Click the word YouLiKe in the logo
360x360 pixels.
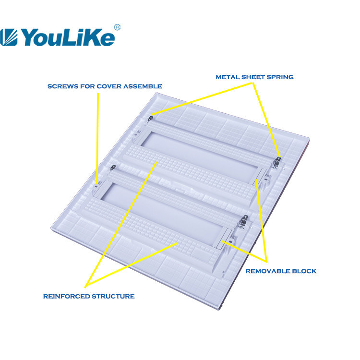[68, 37]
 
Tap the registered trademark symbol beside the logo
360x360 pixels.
[117, 27]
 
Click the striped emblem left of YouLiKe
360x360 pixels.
[8, 37]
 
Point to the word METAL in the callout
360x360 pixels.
[228, 77]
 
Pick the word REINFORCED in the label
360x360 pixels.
[66, 297]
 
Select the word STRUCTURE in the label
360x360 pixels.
[113, 297]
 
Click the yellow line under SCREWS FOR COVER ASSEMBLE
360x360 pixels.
[97, 138]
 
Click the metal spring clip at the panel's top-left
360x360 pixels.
[150, 119]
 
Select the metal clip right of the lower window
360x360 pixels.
[244, 220]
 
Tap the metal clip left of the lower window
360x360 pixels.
[113, 168]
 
